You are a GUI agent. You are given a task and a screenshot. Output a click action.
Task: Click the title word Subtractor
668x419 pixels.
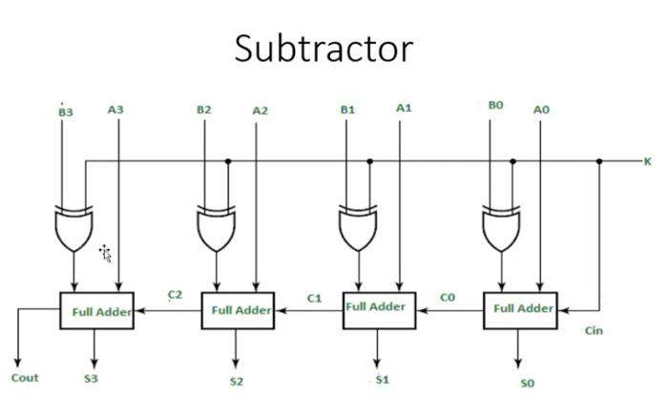click(x=324, y=47)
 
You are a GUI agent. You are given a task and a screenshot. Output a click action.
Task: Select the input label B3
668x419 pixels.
click(x=65, y=112)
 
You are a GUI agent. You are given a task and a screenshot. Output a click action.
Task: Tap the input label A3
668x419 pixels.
click(x=115, y=110)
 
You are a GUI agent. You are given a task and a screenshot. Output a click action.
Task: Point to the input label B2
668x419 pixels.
click(x=204, y=110)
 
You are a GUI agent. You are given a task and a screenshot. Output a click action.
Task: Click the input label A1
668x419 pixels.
click(x=404, y=108)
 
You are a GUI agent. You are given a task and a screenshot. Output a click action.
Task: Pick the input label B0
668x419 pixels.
click(x=495, y=106)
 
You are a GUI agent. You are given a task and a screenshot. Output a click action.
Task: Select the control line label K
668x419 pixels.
click(x=648, y=162)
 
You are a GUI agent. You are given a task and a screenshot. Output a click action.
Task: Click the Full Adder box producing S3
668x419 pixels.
click(x=96, y=311)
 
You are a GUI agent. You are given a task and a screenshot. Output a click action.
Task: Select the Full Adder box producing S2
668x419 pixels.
click(x=238, y=310)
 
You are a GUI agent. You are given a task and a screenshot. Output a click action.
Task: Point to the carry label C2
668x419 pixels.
click(x=175, y=295)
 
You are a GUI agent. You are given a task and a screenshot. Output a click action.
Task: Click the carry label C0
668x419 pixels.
click(x=448, y=298)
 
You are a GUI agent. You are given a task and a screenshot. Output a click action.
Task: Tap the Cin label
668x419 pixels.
click(x=594, y=331)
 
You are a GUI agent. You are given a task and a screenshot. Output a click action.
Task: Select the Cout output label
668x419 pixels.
click(x=25, y=378)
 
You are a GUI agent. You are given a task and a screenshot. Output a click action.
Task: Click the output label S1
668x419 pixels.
click(x=382, y=380)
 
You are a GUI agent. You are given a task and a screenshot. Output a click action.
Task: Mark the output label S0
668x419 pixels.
click(x=527, y=383)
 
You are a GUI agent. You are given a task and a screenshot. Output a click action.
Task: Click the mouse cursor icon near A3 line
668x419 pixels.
click(x=105, y=253)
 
